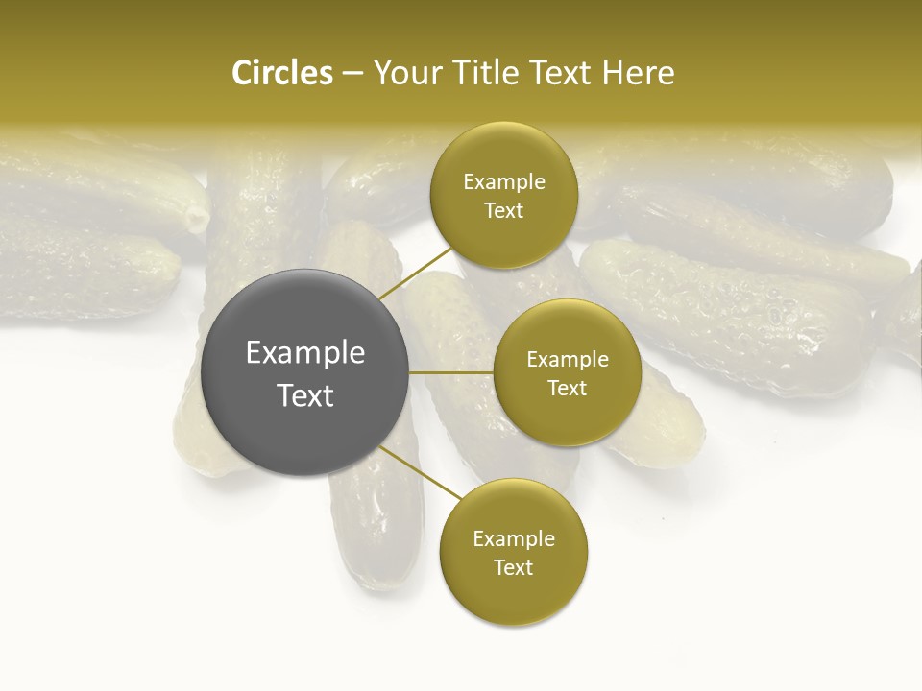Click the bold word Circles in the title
[281, 73]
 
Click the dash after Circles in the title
[352, 74]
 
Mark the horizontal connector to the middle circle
[451, 372]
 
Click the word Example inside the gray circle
[305, 353]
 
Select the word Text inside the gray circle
[305, 395]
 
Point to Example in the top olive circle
[504, 181]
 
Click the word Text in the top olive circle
[504, 210]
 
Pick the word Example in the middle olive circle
[567, 359]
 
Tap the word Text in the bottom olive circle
[514, 567]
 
